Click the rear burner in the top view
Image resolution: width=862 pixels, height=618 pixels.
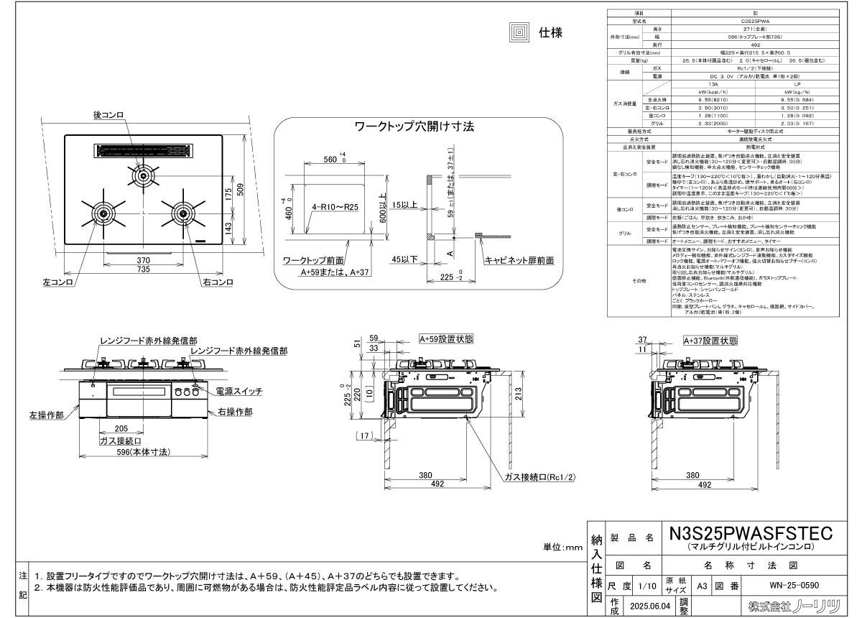tap(142, 175)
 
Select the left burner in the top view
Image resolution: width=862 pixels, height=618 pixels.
tap(102, 213)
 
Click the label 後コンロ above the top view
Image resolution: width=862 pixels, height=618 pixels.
tap(109, 115)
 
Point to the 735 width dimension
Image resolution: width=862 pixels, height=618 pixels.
tap(143, 269)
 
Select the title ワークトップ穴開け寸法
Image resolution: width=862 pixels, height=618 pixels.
tap(414, 126)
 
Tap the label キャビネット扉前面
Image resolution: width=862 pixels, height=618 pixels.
tap(519, 260)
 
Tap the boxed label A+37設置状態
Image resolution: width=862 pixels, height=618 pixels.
tap(710, 341)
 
